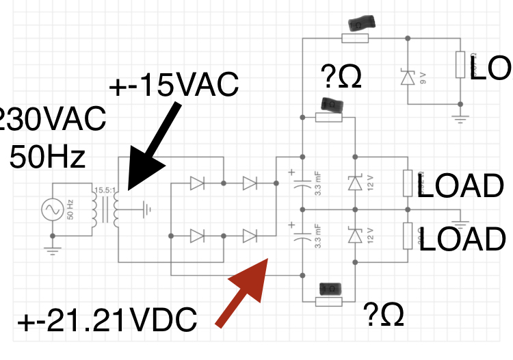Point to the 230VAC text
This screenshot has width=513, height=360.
tap(51, 121)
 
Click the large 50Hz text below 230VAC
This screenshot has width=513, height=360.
tap(47, 157)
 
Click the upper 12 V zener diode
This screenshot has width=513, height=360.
tap(354, 183)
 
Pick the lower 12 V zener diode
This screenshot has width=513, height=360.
tap(354, 236)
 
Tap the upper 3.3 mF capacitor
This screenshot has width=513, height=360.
tap(302, 183)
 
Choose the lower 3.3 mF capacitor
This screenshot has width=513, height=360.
tap(302, 237)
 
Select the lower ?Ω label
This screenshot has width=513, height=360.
tap(384, 313)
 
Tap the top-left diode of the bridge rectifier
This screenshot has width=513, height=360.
tap(197, 183)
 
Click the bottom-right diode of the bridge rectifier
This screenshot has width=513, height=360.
tap(250, 236)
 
